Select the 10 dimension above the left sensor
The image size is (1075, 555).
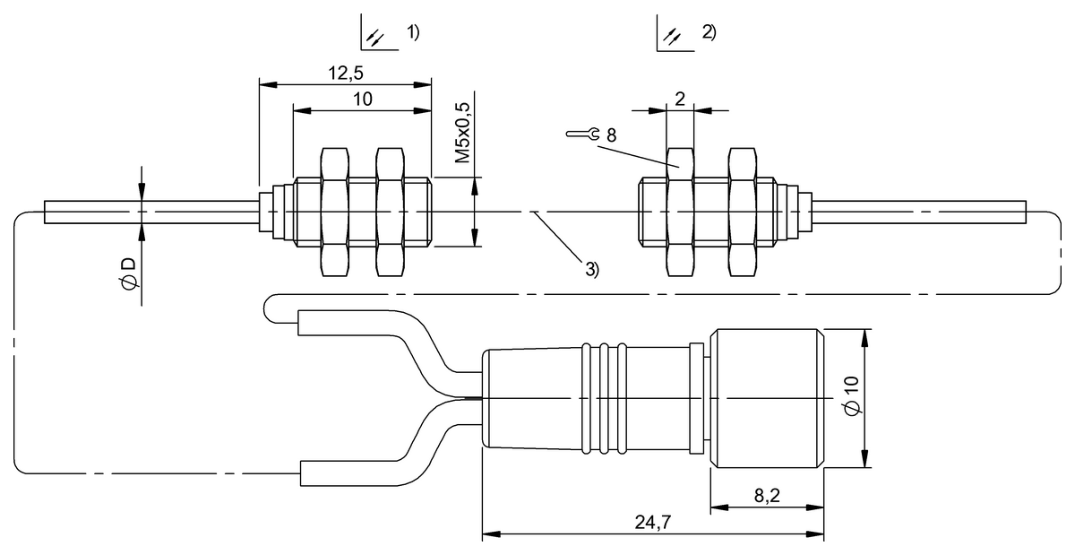point(363,99)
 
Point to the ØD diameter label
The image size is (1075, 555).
point(128,273)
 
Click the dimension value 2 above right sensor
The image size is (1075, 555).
point(680,99)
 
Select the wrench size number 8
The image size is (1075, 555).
point(611,135)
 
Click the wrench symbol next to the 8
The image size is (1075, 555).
point(583,135)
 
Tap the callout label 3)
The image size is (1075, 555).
point(592,268)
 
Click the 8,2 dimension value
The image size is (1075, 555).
point(766,496)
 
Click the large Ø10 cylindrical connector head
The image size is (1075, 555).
point(767,398)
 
